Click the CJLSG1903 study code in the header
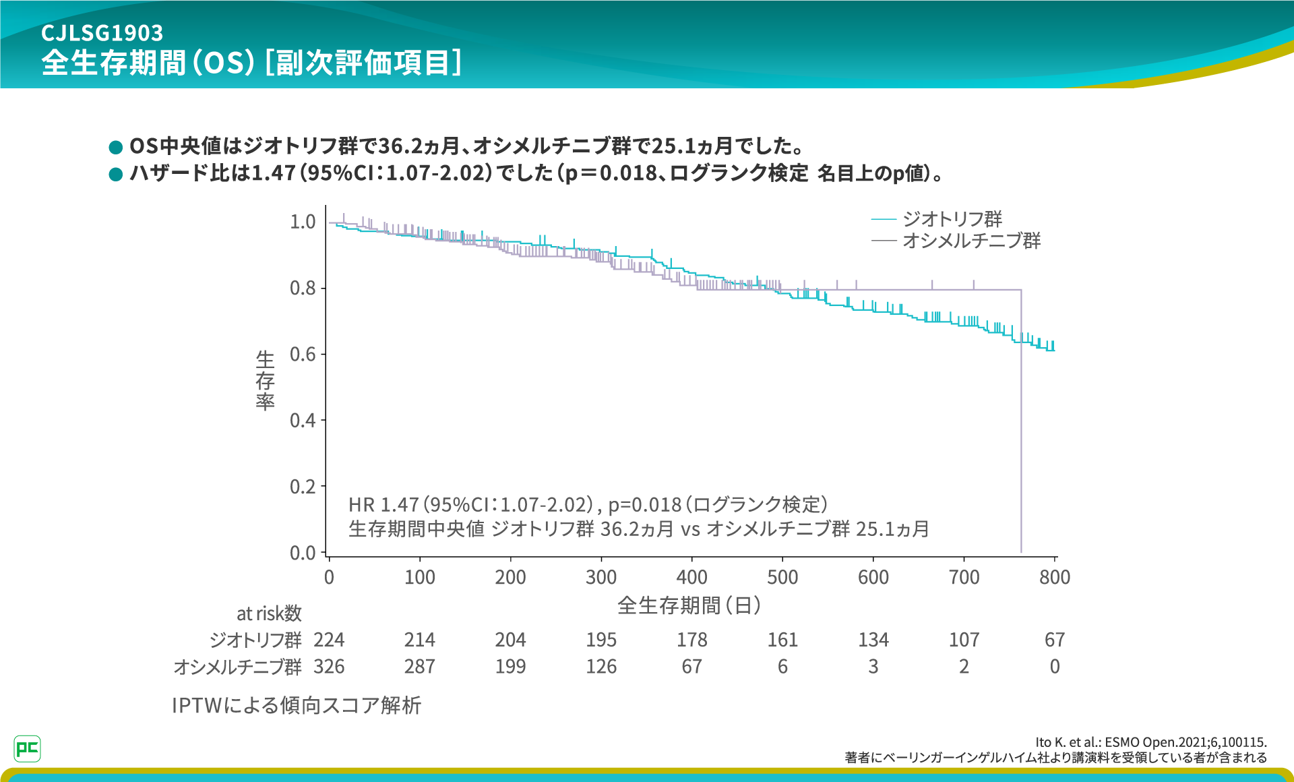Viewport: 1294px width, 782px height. (102, 32)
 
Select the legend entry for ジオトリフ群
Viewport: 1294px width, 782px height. (951, 219)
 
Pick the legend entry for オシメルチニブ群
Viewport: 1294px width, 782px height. (970, 241)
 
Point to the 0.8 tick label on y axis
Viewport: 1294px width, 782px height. (303, 289)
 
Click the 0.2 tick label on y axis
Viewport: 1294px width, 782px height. (303, 487)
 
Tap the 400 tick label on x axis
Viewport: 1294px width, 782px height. (691, 577)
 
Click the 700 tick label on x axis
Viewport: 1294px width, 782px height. (964, 577)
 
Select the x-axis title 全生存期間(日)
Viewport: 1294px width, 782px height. (689, 605)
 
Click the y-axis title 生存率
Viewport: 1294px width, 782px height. (265, 380)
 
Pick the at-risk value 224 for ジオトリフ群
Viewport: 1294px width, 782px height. (329, 640)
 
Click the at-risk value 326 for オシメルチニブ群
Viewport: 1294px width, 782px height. (329, 667)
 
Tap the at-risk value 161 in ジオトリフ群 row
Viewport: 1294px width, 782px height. (782, 640)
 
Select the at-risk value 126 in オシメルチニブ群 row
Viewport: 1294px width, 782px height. (601, 667)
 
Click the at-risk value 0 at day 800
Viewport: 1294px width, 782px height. (1055, 667)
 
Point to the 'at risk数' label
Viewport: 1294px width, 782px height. (269, 613)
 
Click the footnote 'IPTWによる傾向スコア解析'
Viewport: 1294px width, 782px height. (297, 705)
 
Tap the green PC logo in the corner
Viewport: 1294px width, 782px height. (28, 748)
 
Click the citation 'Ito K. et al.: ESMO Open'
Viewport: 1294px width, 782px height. (1150, 742)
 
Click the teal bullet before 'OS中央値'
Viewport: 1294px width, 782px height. (116, 147)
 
